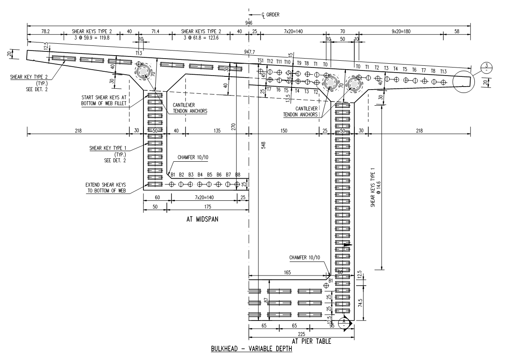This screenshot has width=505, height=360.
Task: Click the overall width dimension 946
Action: point(249,22)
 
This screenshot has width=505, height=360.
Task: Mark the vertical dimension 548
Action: point(263,145)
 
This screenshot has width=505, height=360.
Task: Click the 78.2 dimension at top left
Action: point(45,31)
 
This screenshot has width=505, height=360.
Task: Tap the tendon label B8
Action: point(238,174)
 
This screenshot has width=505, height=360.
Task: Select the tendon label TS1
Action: point(261,61)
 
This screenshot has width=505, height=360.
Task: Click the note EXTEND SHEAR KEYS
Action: point(104,186)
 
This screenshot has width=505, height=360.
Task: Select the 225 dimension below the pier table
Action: point(301,334)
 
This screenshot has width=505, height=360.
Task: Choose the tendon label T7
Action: point(269,90)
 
